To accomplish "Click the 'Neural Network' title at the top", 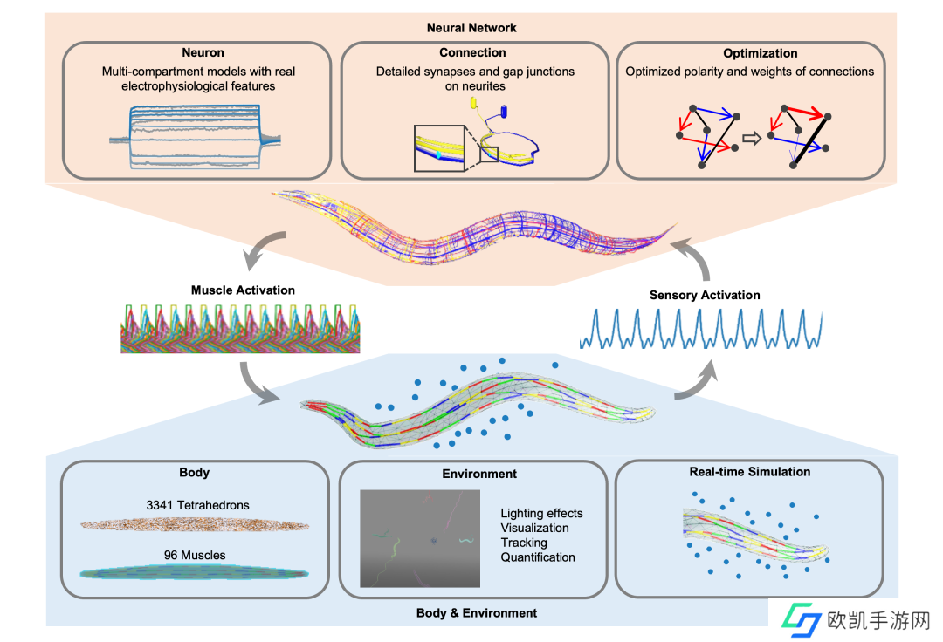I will pyautogui.click(x=471, y=28).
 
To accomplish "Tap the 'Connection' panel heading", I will pyautogui.click(x=472, y=53).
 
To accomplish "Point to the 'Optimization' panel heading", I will pyautogui.click(x=748, y=53).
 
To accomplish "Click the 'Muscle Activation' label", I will pyautogui.click(x=243, y=290).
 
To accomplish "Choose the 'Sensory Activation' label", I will pyautogui.click(x=704, y=295).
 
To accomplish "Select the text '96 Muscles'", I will pyautogui.click(x=195, y=554).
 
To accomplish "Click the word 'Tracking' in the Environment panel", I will pyautogui.click(x=524, y=543).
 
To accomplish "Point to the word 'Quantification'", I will pyautogui.click(x=539, y=557).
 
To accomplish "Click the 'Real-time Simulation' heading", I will pyautogui.click(x=748, y=472).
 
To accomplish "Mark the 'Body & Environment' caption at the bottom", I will pyautogui.click(x=477, y=613).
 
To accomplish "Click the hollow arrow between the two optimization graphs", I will pyautogui.click(x=748, y=137).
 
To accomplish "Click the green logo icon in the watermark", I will pyautogui.click(x=801, y=621).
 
